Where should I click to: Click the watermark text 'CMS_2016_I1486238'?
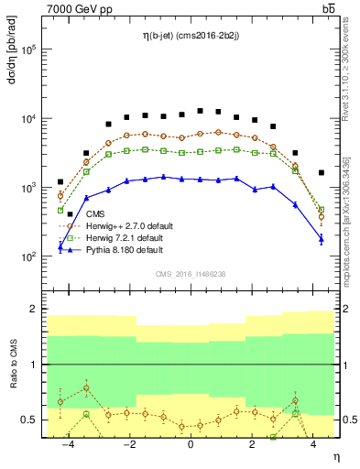click(x=190, y=273)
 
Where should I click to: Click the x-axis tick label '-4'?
click(x=67, y=445)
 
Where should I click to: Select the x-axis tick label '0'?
click(x=191, y=445)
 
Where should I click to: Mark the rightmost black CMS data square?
click(x=321, y=172)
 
